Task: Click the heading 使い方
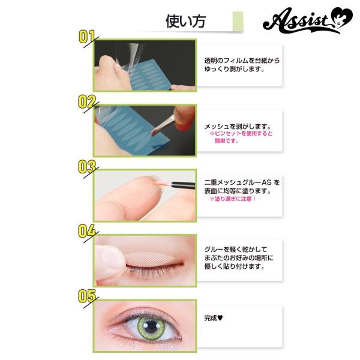185,22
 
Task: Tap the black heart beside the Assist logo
343,17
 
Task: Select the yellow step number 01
87,37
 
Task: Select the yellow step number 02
87,102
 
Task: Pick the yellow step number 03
87,167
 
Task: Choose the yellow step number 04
87,231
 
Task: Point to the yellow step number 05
87,296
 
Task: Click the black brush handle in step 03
183,185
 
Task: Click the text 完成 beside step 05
211,318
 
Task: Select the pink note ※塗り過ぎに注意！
233,199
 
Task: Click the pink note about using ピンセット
241,137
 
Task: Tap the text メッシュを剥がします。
238,126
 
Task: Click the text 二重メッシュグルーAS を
242,182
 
